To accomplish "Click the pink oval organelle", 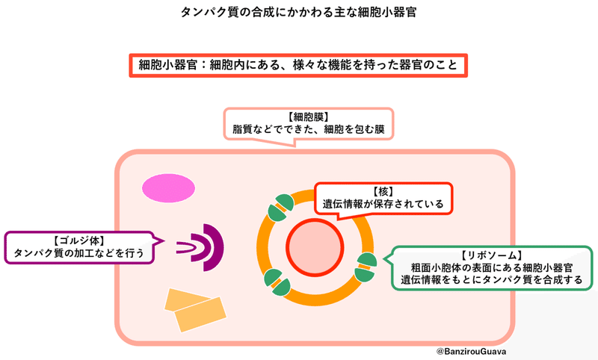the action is click(x=169, y=187).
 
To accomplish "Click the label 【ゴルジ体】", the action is click(x=79, y=240).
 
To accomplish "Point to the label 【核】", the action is click(x=383, y=192).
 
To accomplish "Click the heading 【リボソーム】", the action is click(x=492, y=255).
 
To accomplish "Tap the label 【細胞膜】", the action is click(x=309, y=117).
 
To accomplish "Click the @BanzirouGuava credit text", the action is click(x=472, y=351).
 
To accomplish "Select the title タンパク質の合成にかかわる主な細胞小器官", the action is click(x=298, y=12).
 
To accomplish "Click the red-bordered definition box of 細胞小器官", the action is click(x=298, y=66).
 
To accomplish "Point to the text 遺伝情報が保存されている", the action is click(x=383, y=204).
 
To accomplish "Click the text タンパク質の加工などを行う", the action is click(x=79, y=253).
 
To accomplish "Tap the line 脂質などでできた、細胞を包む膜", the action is click(x=309, y=129).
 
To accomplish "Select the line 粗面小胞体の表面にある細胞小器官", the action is click(x=492, y=267).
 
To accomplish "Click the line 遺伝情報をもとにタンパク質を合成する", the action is click(x=492, y=279).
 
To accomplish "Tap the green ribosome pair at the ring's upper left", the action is click(x=281, y=208).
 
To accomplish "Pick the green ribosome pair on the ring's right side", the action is click(x=366, y=267).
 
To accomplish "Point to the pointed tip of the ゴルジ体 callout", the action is click(x=164, y=240).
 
